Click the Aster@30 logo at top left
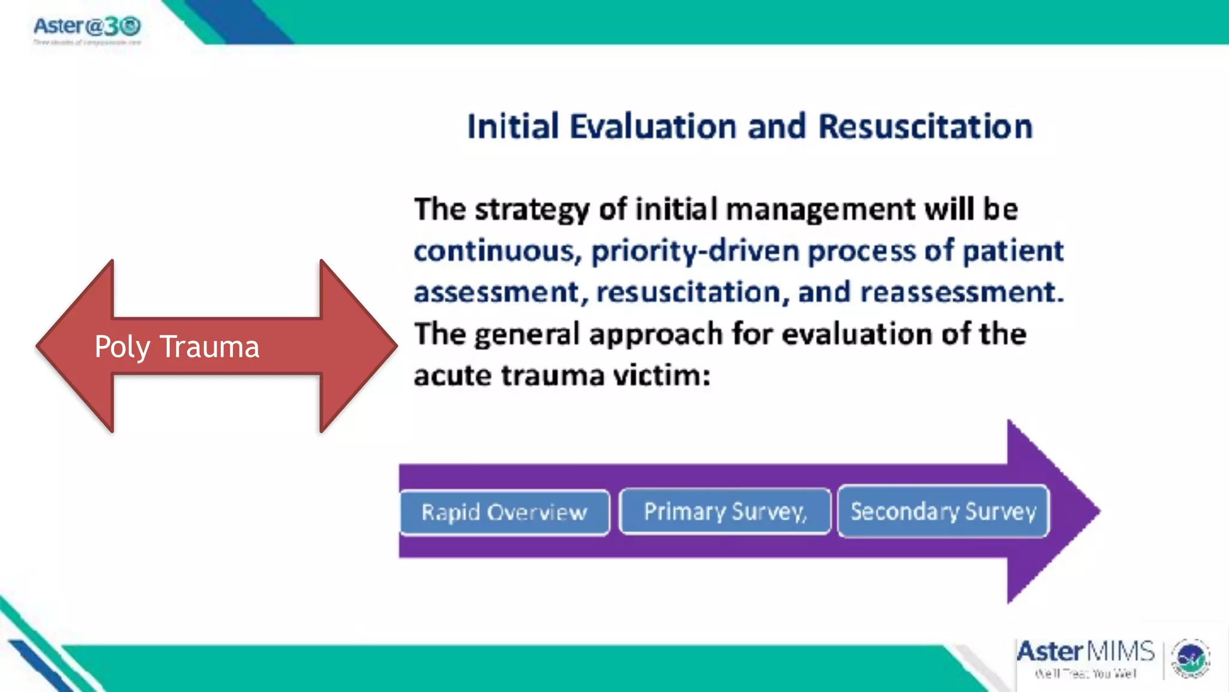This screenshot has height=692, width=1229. [x=87, y=28]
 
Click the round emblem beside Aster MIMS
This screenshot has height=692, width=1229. [x=1191, y=658]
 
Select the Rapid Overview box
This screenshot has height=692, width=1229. [x=504, y=512]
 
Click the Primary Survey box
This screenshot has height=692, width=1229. [x=725, y=511]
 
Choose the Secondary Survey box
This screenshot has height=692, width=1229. [x=943, y=511]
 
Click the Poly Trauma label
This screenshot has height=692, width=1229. [x=176, y=347]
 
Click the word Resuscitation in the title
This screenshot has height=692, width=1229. [x=925, y=127]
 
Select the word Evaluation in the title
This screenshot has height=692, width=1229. [x=653, y=127]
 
